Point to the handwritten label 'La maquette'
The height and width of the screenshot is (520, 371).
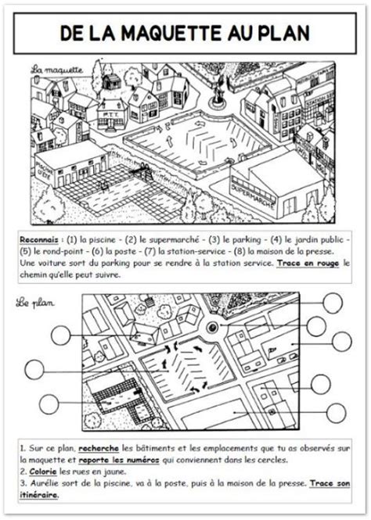pos(57,70)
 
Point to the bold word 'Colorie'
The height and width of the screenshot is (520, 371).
pos(41,472)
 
